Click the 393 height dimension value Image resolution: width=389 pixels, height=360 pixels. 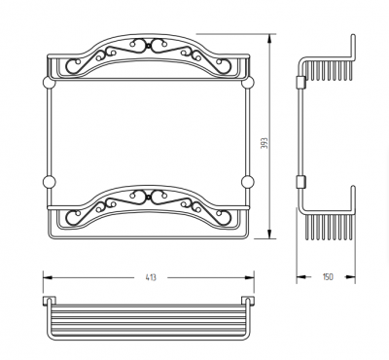[265, 143]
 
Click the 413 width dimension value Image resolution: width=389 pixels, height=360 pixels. [151, 277]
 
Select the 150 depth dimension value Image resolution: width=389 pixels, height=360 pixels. [328, 277]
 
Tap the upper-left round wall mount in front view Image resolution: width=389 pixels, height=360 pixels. [50, 83]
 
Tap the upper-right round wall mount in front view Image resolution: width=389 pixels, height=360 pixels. [247, 83]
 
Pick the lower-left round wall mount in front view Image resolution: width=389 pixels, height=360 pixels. [50, 182]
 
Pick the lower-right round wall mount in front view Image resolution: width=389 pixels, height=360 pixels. [247, 182]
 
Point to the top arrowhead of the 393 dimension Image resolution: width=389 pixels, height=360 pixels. [269, 39]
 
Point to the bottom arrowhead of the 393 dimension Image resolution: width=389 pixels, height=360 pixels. [269, 234]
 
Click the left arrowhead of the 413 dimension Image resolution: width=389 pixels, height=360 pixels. [48, 277]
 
